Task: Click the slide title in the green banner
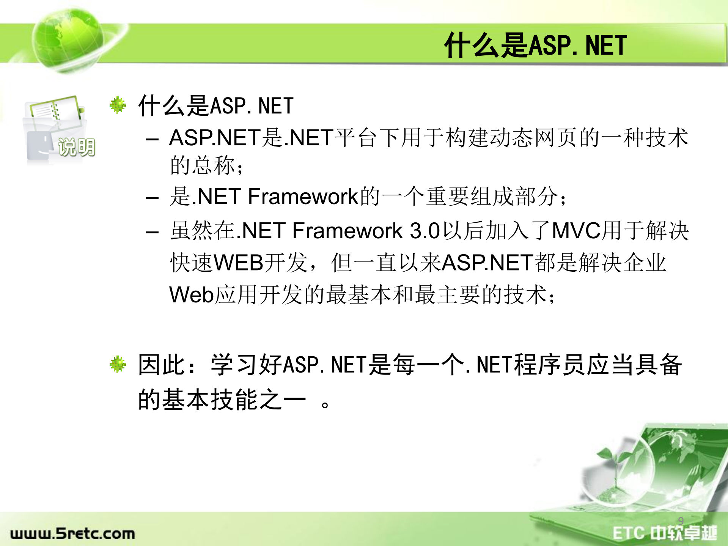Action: (535, 46)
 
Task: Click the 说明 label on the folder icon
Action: (76, 147)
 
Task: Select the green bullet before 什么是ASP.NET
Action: (118, 105)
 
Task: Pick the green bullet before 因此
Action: (118, 364)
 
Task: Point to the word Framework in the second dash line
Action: (303, 197)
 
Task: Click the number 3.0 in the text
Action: (425, 231)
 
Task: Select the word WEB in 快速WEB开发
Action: (238, 263)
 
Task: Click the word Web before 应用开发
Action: (191, 295)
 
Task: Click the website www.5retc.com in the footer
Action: (72, 533)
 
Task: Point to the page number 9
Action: (681, 521)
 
